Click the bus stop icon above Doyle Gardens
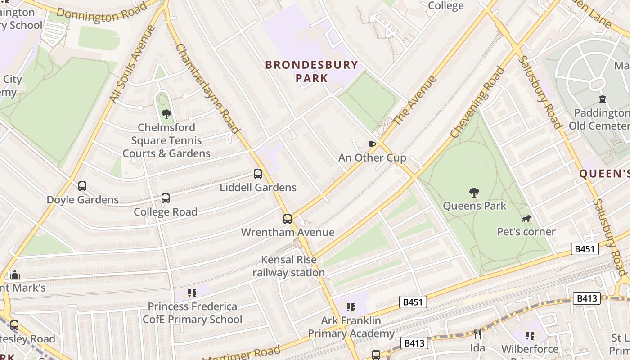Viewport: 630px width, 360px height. [x=82, y=186]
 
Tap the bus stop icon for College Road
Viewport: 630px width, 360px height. [x=166, y=198]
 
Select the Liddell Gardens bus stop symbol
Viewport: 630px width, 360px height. [x=258, y=174]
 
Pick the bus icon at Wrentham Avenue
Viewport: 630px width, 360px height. [x=288, y=219]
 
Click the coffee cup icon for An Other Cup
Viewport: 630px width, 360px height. [x=372, y=144]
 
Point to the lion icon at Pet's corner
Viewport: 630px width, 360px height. [x=526, y=219]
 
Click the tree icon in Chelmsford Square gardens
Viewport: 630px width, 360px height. [x=166, y=114]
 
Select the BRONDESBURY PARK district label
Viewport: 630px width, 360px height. [x=311, y=71]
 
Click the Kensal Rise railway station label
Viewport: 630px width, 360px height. [x=288, y=266]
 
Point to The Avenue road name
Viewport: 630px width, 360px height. [x=415, y=101]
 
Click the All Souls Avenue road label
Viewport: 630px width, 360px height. [x=133, y=64]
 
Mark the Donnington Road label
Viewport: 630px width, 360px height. [x=102, y=13]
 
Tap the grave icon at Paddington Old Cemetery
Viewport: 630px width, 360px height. [x=603, y=99]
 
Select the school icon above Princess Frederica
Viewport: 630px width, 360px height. [x=192, y=293]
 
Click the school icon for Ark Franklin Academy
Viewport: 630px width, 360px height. [x=351, y=307]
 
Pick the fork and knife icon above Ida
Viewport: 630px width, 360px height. [x=477, y=334]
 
